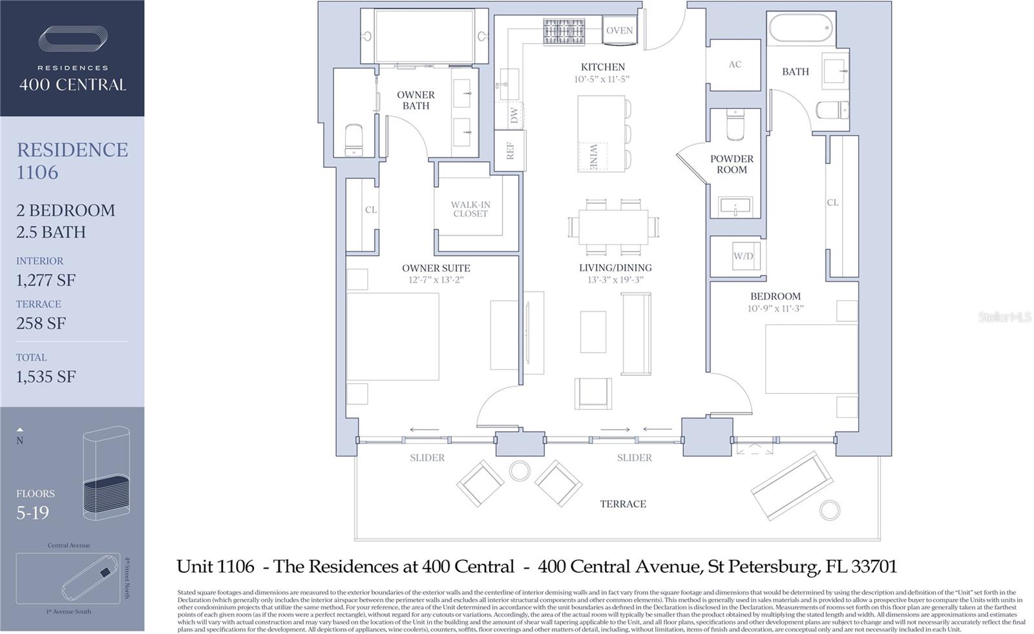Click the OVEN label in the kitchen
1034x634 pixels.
(x=619, y=30)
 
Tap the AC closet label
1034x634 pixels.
(x=735, y=65)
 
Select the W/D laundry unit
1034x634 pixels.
(x=743, y=256)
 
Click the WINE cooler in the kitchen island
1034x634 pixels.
(x=593, y=157)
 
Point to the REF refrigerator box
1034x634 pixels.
(x=510, y=151)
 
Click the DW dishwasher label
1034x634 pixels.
(x=514, y=116)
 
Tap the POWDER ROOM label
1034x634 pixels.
(x=732, y=164)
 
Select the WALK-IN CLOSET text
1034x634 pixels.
(x=470, y=209)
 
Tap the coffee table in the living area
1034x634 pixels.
(x=593, y=332)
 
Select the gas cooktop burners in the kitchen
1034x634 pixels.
(x=564, y=31)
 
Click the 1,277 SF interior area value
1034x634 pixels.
(x=46, y=280)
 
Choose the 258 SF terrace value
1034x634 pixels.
(x=41, y=323)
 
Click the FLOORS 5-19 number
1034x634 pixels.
(x=32, y=513)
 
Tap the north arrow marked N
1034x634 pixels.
(x=20, y=436)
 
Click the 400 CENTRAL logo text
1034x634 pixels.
(x=72, y=85)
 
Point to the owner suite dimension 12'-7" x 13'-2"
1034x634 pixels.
(x=436, y=280)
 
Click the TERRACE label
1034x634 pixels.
(x=622, y=504)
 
